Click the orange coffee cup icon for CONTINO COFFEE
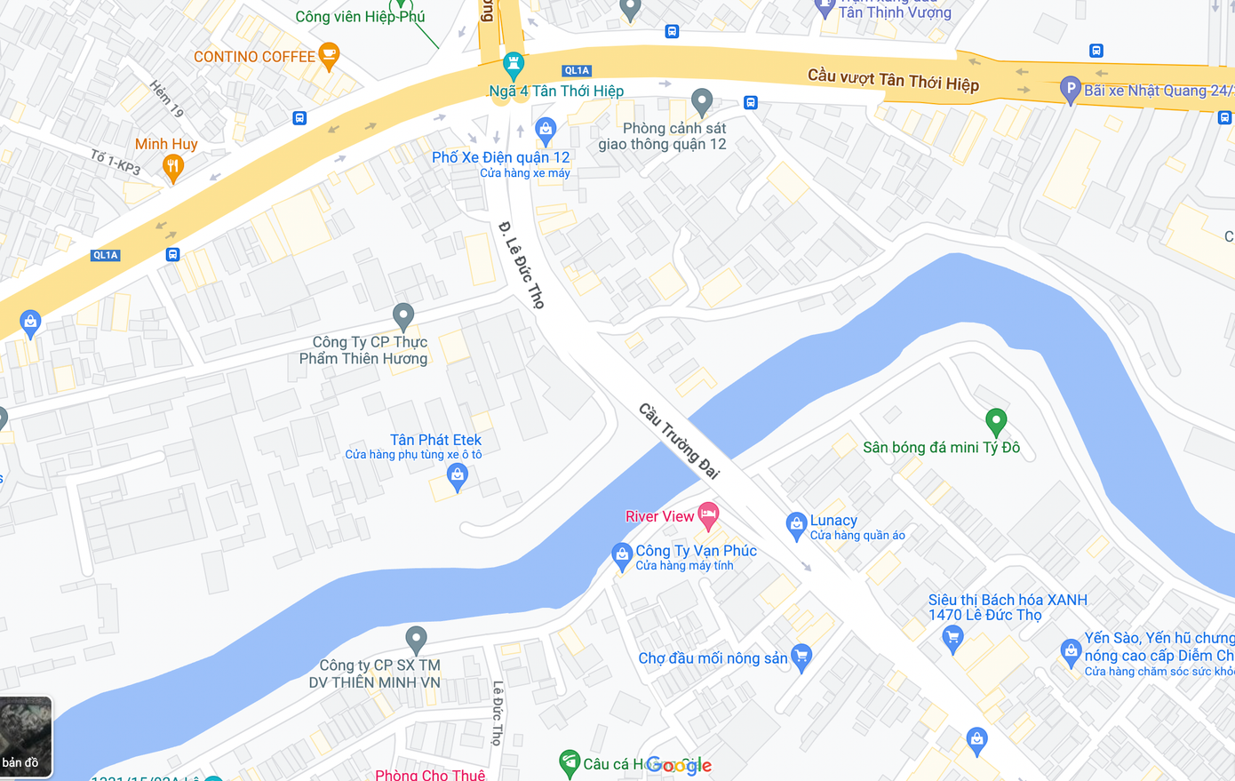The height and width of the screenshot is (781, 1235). (x=328, y=56)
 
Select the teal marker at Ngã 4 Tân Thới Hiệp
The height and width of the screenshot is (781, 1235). (x=513, y=65)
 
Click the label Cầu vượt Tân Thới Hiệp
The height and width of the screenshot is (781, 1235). (x=893, y=80)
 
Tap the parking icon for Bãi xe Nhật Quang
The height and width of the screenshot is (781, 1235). (x=1071, y=90)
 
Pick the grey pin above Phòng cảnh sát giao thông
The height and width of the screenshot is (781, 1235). (x=702, y=101)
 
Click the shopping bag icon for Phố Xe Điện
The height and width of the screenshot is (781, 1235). (x=546, y=131)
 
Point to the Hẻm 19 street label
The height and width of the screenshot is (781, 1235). (x=166, y=99)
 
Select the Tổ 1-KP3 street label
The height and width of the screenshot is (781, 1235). (x=116, y=162)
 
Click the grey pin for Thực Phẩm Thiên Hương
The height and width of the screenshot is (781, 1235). (x=403, y=315)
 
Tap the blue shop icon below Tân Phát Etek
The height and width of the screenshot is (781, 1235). (x=457, y=476)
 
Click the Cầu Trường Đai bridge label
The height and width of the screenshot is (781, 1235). (x=680, y=441)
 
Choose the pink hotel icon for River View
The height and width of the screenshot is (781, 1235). (x=708, y=514)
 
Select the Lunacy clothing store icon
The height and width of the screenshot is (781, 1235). (x=796, y=525)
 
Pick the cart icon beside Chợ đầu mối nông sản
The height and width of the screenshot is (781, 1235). (x=801, y=657)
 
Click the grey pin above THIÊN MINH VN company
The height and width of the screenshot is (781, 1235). (x=416, y=638)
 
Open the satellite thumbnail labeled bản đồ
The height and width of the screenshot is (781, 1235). (x=26, y=737)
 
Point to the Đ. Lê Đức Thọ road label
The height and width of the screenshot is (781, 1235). (x=522, y=265)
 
